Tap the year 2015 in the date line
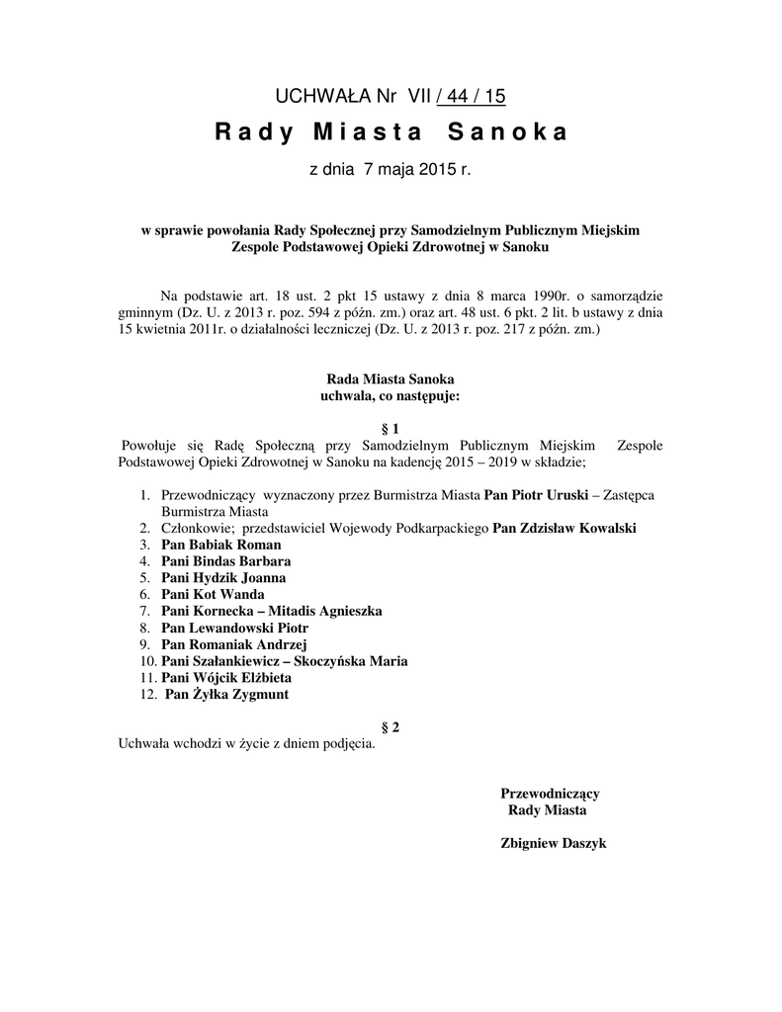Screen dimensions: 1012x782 (438, 170)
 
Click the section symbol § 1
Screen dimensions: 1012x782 (390, 429)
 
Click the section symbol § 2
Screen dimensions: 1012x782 (390, 727)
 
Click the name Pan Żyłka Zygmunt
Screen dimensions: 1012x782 (227, 695)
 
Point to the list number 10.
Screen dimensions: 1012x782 (147, 661)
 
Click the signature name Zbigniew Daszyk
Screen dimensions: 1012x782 (554, 844)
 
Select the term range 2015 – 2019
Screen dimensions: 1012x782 (478, 461)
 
